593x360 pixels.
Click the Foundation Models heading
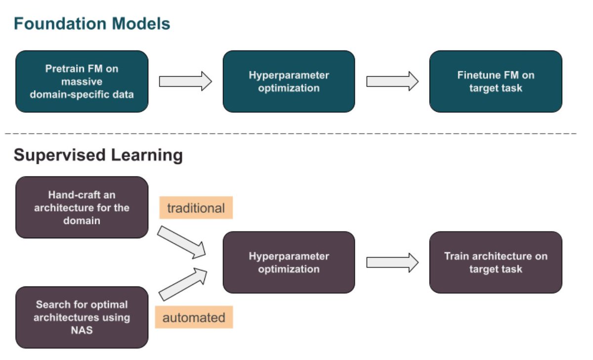[x=92, y=24]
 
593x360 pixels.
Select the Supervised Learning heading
[x=98, y=155]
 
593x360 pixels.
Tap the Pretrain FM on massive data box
[x=82, y=82]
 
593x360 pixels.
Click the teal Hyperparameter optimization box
[x=289, y=82]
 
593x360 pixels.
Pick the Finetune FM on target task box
[x=496, y=82]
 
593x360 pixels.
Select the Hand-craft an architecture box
[x=82, y=208]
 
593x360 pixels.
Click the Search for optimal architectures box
[x=82, y=317]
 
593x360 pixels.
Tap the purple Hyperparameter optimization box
[x=289, y=263]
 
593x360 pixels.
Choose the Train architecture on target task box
[x=496, y=263]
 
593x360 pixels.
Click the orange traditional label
[x=196, y=208]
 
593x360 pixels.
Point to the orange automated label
[x=194, y=317]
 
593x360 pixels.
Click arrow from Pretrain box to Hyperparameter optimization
[x=185, y=81]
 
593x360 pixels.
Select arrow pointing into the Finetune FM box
[x=392, y=81]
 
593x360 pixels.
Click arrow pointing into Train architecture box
[x=392, y=263]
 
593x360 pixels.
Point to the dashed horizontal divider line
[x=296, y=134]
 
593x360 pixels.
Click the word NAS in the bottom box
[x=82, y=330]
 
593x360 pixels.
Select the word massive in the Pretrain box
[x=82, y=82]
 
